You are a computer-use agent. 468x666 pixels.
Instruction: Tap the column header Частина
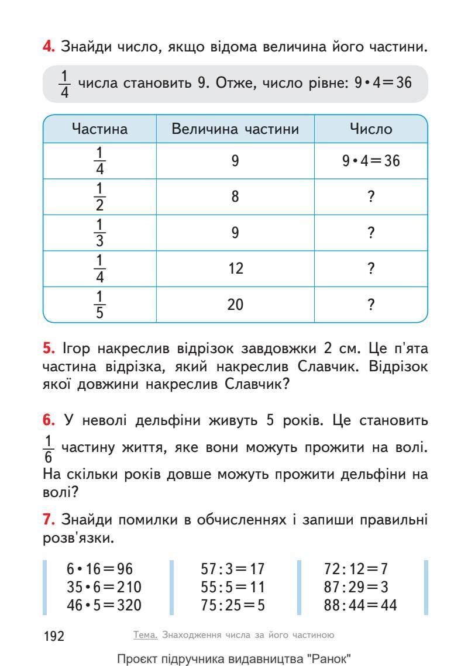click(99, 129)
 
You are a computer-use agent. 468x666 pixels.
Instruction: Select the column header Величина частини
click(235, 129)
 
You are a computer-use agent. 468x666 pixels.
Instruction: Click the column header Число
click(371, 129)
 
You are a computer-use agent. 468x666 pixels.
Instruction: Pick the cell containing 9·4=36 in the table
click(371, 161)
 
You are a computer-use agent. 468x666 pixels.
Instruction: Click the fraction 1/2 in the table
click(99, 196)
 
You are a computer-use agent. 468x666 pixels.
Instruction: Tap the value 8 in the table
click(235, 196)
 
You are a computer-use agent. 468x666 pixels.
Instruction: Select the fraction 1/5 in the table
click(99, 305)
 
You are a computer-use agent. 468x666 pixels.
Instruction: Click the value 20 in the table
click(235, 305)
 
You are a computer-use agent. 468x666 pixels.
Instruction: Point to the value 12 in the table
click(235, 269)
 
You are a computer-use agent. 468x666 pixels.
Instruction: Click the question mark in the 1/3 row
click(371, 233)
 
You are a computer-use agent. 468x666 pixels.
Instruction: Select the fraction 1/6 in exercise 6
click(49, 448)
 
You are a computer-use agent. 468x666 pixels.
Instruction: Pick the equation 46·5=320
click(104, 605)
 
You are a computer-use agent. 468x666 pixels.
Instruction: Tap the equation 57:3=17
click(233, 569)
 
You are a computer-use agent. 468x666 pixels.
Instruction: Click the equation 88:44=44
click(360, 605)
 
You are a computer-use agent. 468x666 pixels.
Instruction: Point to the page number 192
click(54, 636)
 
